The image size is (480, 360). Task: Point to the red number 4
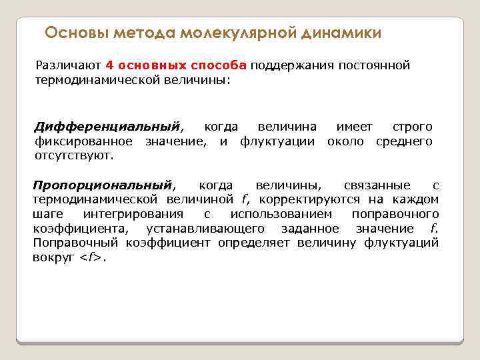click(109, 65)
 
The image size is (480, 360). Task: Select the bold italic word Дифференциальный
click(107, 127)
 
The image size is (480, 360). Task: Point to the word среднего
click(404, 141)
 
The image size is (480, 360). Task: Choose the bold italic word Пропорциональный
click(103, 185)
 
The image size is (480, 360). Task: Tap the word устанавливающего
click(203, 229)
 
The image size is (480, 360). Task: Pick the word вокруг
click(52, 257)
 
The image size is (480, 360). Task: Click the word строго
click(413, 127)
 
